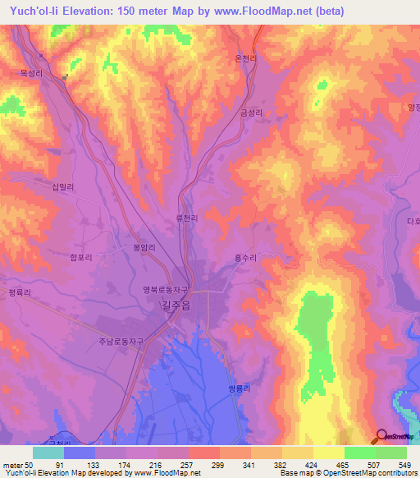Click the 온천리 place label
point(247,58)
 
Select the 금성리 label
point(252,113)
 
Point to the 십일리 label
point(63,187)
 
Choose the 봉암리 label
point(144,246)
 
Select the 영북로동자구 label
point(167,289)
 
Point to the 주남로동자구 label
point(121,342)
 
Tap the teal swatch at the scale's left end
point(48,453)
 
